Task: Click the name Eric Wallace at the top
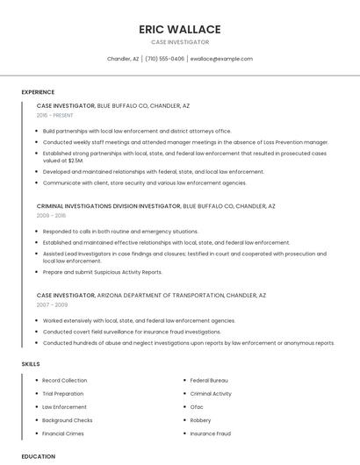(179, 29)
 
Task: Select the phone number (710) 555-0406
(165, 59)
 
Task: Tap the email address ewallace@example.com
(221, 59)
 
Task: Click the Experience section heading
(38, 92)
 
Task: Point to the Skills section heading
(31, 363)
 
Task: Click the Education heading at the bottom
(39, 456)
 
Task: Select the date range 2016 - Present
(56, 115)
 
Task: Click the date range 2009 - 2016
(51, 215)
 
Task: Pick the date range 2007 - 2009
(51, 305)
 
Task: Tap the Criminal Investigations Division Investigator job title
(108, 205)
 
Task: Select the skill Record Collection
(65, 381)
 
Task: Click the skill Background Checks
(68, 420)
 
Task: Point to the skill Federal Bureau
(209, 381)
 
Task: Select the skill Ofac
(197, 407)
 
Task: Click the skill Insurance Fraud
(211, 433)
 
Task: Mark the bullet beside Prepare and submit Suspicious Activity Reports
(38, 272)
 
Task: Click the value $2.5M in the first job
(76, 161)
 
